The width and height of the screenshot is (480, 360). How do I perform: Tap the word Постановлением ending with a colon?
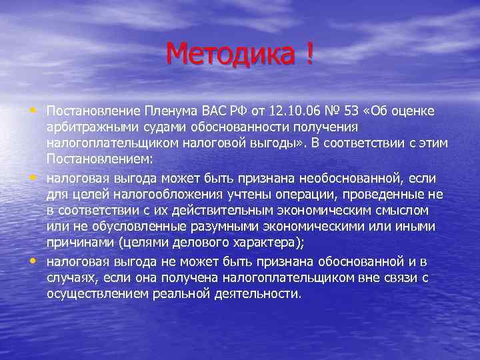coord(100,160)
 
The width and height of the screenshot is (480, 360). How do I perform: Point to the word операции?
coord(292,194)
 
